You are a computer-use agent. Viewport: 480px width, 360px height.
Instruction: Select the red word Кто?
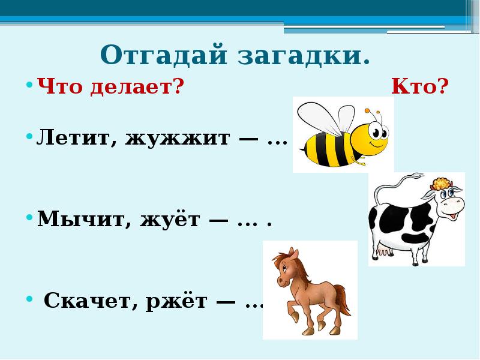pos(420,88)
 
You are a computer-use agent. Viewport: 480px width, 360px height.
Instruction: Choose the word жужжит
pos(178,139)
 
